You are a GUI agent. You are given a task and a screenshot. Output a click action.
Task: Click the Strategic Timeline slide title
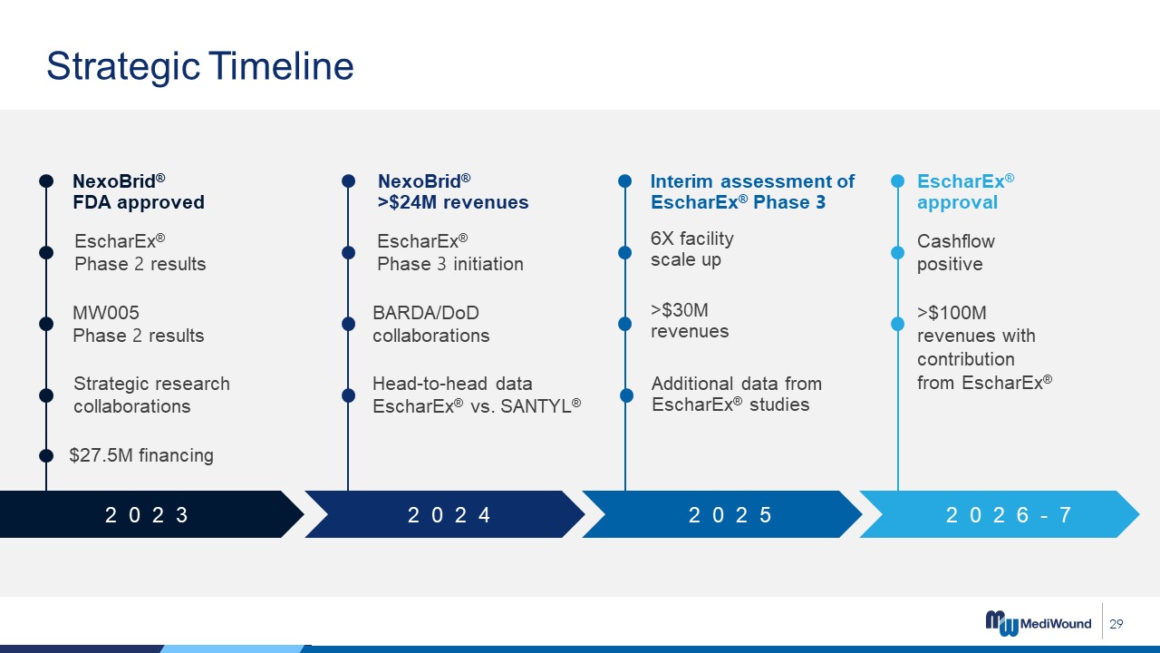pos(200,66)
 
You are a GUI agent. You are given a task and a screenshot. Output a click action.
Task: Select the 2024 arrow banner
pos(445,514)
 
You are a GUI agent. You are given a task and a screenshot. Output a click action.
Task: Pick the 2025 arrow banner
pos(722,514)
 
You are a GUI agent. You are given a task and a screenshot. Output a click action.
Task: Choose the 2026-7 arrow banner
pos(1000,514)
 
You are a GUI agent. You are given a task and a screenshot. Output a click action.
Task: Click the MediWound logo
pos(1039,623)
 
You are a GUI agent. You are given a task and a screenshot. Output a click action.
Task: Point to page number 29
pos(1116,623)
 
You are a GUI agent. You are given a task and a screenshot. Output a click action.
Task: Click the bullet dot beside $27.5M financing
pos(46,455)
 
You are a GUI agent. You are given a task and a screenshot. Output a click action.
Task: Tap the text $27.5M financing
pos(141,455)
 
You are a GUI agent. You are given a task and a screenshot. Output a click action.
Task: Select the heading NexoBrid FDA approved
pos(139,191)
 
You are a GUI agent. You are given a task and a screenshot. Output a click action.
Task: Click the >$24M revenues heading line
pos(453,202)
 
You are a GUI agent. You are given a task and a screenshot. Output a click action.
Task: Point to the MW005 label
pos(106,313)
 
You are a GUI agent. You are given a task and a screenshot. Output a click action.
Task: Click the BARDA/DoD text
pos(426,313)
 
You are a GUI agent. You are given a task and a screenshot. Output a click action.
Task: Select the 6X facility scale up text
pos(691,249)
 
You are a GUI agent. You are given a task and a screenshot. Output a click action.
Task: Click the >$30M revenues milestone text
pos(690,320)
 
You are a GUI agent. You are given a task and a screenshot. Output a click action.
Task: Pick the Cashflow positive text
pos(956,252)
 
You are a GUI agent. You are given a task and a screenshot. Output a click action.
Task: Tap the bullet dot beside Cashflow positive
pos(897,252)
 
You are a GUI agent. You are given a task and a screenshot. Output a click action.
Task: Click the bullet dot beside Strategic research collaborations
pos(46,395)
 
